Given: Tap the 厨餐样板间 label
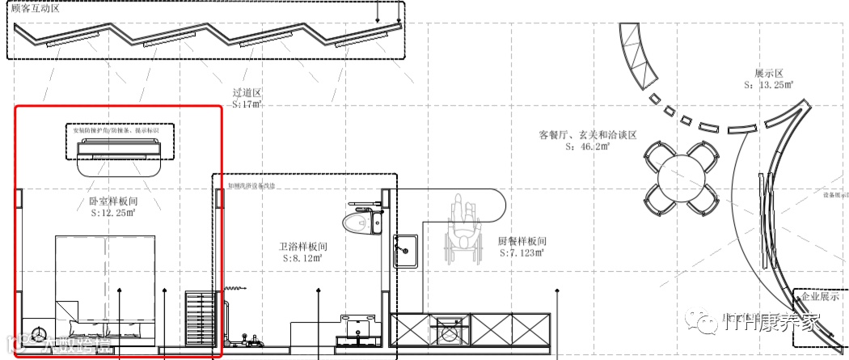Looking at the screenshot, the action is pyautogui.click(x=522, y=241).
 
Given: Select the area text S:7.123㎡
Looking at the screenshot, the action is pyautogui.click(x=522, y=253).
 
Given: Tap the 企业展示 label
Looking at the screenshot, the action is pyautogui.click(x=820, y=297).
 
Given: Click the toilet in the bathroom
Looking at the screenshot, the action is pyautogui.click(x=358, y=219).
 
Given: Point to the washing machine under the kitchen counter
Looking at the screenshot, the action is pyautogui.click(x=450, y=332).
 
